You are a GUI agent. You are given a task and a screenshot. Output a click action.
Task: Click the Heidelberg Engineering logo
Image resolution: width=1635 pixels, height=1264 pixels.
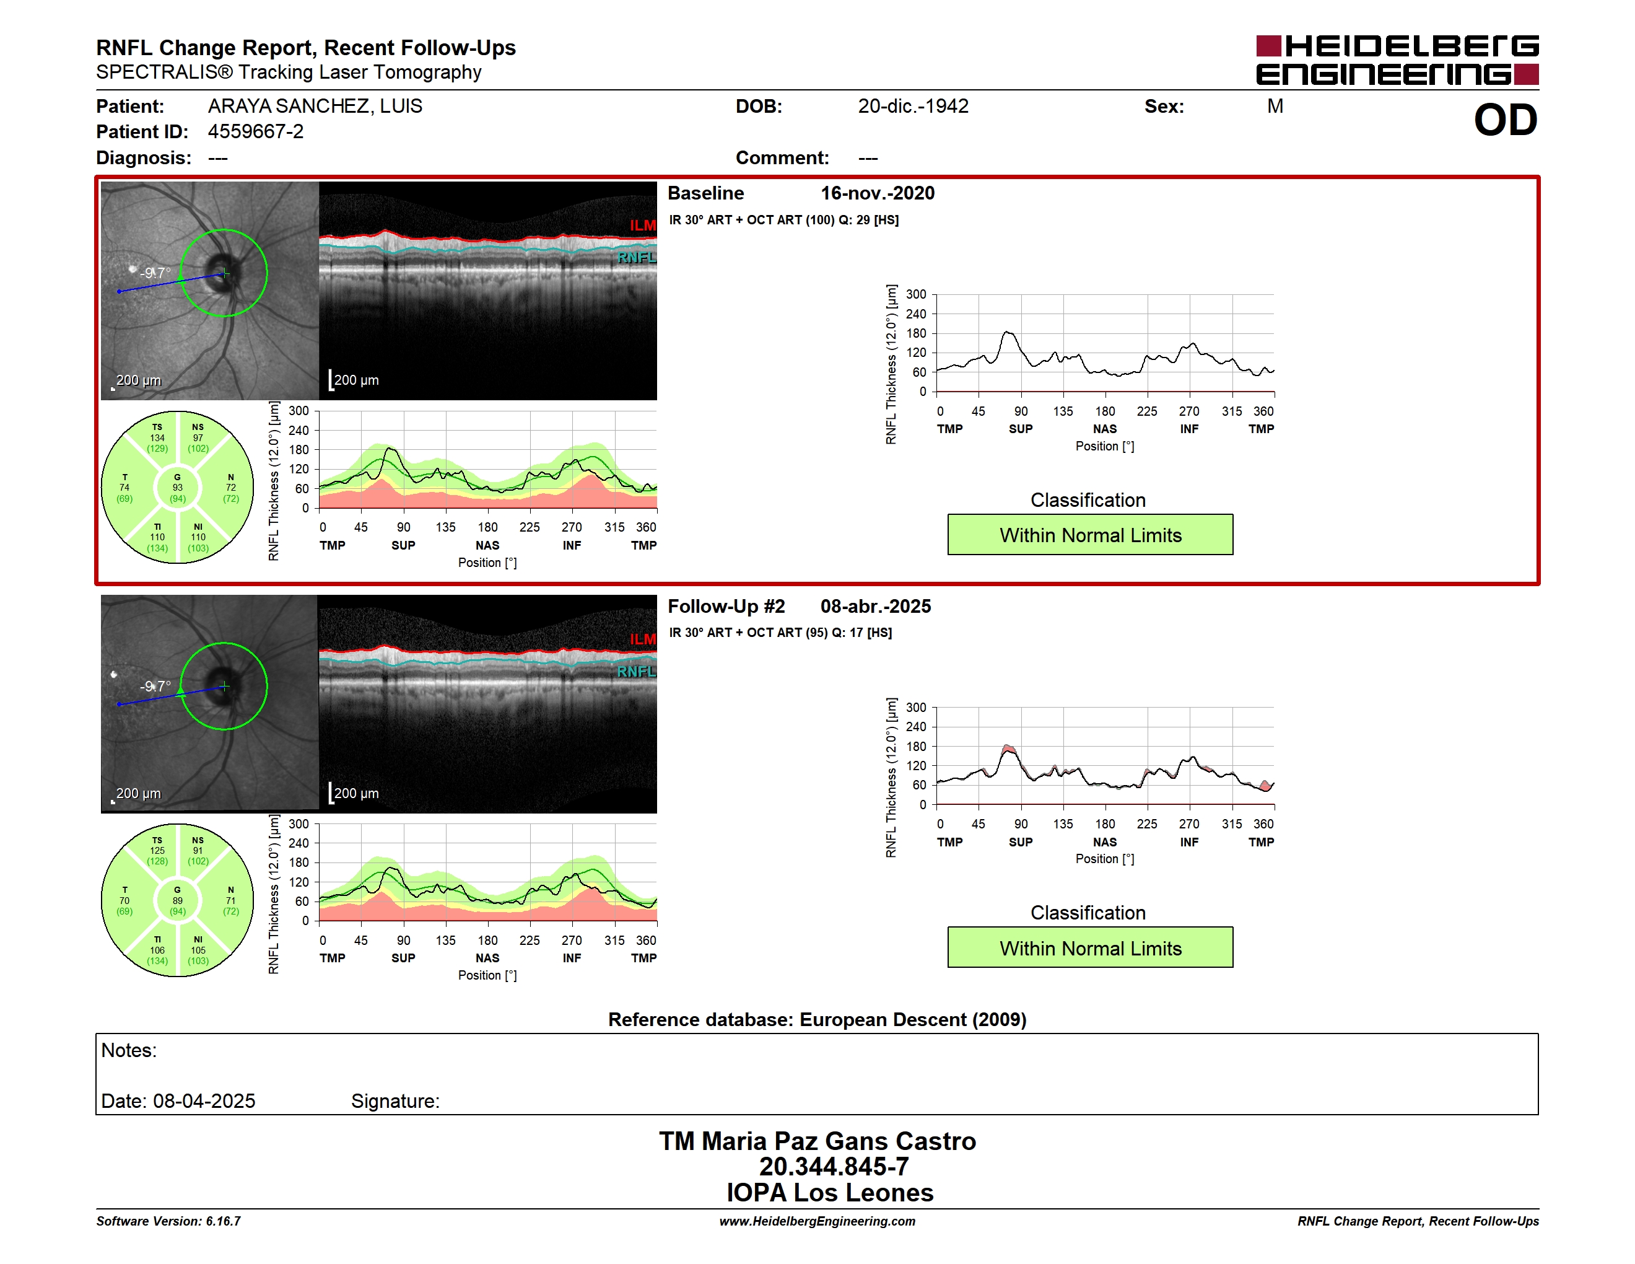pos(1397,60)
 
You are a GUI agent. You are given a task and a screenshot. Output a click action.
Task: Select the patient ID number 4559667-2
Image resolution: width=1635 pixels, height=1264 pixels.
pos(256,132)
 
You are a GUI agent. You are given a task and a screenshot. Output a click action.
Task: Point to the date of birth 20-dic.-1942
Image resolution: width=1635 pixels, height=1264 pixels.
pos(913,107)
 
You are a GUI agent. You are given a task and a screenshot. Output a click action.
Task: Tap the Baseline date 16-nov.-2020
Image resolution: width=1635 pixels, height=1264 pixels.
pos(878,193)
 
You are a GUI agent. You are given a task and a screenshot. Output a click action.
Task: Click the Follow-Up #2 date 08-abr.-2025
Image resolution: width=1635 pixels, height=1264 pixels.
pos(876,606)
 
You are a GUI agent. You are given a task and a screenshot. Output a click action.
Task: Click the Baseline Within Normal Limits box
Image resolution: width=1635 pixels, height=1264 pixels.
pos(1090,535)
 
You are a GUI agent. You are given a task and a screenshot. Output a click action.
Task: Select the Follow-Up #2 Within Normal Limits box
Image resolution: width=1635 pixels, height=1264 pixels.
pos(1090,947)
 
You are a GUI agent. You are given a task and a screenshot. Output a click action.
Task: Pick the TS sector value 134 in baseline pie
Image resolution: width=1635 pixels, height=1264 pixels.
pos(157,438)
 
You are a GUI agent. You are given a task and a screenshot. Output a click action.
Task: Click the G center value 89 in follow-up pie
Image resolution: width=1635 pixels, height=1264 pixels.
pos(177,901)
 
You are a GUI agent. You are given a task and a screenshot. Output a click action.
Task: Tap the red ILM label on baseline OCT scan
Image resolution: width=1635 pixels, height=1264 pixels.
pos(642,226)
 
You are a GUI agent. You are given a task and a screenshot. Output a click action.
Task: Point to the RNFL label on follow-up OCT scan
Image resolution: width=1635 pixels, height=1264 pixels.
pos(636,672)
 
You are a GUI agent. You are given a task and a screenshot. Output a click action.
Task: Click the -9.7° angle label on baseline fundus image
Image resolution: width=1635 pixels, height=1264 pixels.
pos(155,273)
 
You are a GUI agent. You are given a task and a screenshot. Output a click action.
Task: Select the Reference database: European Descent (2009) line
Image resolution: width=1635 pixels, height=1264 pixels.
pos(817,1020)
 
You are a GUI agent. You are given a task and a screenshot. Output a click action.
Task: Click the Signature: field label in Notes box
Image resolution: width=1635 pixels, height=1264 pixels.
pos(395,1101)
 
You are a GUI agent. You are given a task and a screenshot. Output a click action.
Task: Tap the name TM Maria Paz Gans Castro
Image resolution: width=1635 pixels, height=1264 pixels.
pos(817,1141)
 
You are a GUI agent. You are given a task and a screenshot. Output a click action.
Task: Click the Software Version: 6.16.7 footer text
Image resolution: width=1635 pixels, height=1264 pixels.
pos(168,1221)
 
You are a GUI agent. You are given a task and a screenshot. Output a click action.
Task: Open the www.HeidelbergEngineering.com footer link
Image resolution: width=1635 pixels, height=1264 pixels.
pos(817,1221)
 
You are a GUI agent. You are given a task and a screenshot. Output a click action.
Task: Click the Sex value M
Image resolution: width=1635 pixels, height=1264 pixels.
pos(1276,107)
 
